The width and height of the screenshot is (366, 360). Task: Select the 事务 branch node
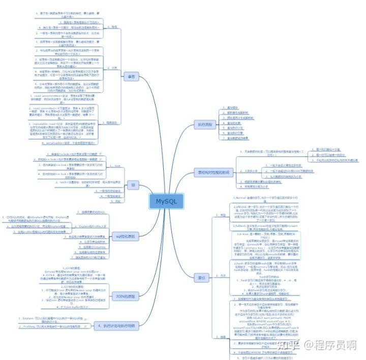point(131,76)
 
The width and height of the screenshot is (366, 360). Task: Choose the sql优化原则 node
point(124,236)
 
